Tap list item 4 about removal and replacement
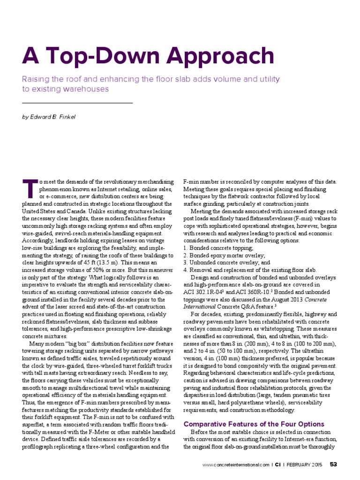pyautogui.click(x=249, y=270)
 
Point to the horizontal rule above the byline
pyautogui.click(x=78, y=103)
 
